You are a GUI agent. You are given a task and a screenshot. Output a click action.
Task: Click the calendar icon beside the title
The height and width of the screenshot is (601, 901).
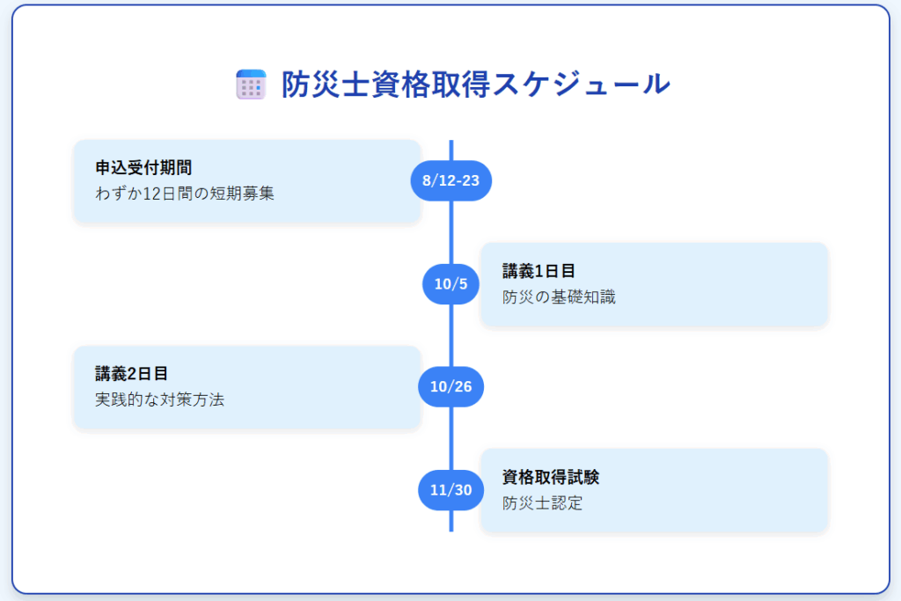[251, 84]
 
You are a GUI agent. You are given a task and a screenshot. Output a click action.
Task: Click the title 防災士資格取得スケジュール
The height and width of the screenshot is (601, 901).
[476, 84]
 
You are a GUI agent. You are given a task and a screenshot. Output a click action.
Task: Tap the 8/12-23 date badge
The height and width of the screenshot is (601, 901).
[451, 180]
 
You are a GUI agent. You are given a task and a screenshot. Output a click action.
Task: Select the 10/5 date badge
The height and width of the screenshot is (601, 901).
[451, 284]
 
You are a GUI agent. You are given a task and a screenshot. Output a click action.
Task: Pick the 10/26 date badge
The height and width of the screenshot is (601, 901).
[451, 386]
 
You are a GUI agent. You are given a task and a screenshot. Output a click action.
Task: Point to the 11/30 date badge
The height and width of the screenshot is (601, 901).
[451, 490]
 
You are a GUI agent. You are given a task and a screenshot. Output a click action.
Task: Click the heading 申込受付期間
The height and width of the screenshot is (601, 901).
[143, 168]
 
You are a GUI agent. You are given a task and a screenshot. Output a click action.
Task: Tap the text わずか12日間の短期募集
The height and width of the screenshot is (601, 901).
[185, 193]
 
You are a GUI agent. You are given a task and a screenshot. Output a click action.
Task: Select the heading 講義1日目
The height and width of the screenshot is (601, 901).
[539, 271]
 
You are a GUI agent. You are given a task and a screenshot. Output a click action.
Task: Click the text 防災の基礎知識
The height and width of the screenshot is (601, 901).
[559, 297]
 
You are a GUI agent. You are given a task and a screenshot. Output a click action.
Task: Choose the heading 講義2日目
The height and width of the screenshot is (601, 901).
[132, 373]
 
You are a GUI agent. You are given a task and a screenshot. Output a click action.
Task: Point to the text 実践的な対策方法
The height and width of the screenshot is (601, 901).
[160, 399]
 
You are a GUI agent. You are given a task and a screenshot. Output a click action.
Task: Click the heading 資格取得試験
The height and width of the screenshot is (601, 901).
[551, 477]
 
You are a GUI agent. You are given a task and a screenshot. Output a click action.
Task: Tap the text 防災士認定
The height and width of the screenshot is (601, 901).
[542, 503]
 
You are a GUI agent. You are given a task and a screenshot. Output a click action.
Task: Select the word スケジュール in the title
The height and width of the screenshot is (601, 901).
[581, 84]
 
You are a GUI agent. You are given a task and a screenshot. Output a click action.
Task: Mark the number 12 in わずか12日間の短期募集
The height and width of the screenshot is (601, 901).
[151, 194]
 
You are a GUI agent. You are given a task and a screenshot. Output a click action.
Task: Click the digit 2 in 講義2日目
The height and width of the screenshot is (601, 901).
[132, 374]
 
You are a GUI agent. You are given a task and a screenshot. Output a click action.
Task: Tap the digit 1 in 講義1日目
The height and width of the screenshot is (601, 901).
[539, 271]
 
